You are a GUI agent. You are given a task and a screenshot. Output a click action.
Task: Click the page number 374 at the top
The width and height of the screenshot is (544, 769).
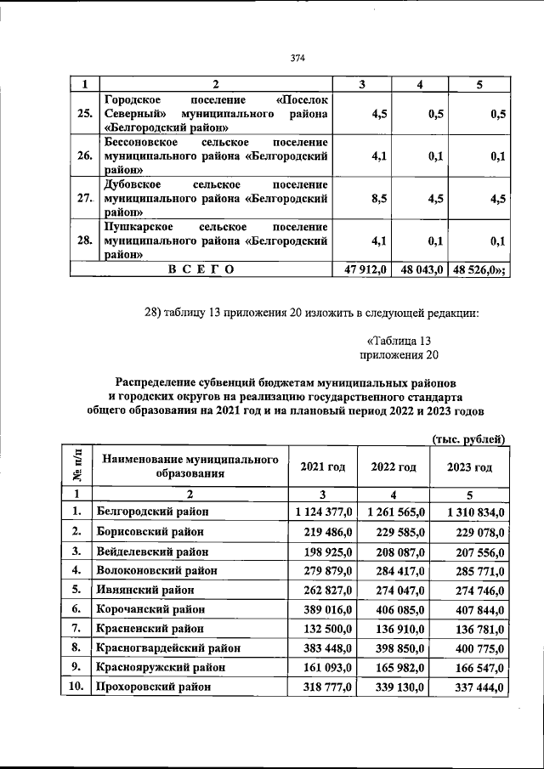click(x=297, y=58)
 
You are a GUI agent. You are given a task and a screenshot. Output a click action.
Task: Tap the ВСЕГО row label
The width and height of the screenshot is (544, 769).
click(x=201, y=269)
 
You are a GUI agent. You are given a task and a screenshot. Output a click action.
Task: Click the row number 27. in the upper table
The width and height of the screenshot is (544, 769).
click(x=84, y=199)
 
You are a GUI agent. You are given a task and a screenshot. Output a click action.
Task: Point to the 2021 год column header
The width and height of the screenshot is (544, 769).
click(x=323, y=467)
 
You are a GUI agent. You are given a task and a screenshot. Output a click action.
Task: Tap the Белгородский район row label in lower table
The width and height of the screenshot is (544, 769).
click(x=153, y=512)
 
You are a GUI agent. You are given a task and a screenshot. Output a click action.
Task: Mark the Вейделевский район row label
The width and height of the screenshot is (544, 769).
click(x=155, y=551)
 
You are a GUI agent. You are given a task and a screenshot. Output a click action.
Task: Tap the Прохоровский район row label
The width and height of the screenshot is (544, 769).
click(x=153, y=687)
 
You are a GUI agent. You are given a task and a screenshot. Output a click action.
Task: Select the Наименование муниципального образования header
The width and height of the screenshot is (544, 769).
click(x=190, y=466)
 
